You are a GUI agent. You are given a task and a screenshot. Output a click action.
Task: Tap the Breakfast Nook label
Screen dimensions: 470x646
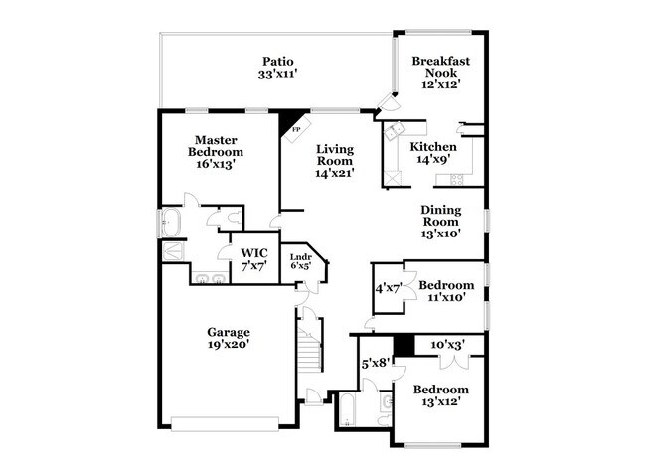coord(439,66)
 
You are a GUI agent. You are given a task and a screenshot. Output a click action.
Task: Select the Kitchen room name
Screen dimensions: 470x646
coord(433,147)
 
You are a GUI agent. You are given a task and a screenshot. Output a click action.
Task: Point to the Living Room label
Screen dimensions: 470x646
coord(335,155)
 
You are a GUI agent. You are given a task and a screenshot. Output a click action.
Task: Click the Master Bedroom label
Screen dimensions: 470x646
coord(215,146)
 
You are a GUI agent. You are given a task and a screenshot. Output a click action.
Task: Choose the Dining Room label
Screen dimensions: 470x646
coord(440,216)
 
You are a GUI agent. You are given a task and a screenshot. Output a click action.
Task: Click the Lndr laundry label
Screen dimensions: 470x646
coord(300,257)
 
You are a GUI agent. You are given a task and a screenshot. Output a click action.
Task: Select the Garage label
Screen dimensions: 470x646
coord(228,332)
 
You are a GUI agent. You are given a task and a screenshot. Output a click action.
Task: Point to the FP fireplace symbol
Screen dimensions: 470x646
coord(294,130)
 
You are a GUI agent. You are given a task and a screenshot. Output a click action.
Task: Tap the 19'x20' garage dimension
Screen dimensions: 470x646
coord(228,345)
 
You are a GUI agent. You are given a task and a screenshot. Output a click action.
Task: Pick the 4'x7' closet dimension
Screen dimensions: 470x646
coord(386,288)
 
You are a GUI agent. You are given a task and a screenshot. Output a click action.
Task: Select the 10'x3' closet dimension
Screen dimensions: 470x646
coord(447,345)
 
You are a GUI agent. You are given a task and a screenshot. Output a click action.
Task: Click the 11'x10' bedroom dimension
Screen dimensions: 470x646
coord(445,298)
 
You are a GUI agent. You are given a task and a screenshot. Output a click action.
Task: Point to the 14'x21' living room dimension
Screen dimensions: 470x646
coord(335,173)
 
